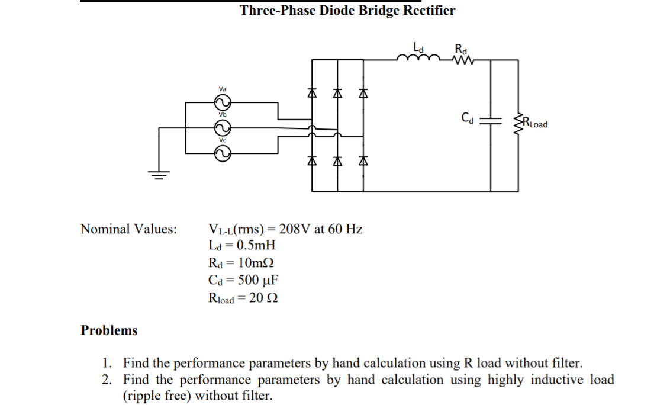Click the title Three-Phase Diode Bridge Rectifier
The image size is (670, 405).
coord(347,10)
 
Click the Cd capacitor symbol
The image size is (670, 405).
coord(491,120)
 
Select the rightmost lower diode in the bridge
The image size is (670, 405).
coord(363,160)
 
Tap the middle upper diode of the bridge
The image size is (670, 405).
coord(337,94)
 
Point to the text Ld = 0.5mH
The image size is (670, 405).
coord(242,245)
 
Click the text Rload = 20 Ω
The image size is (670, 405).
coord(243,297)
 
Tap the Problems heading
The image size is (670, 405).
coord(109,330)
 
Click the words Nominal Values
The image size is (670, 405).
coord(128,229)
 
